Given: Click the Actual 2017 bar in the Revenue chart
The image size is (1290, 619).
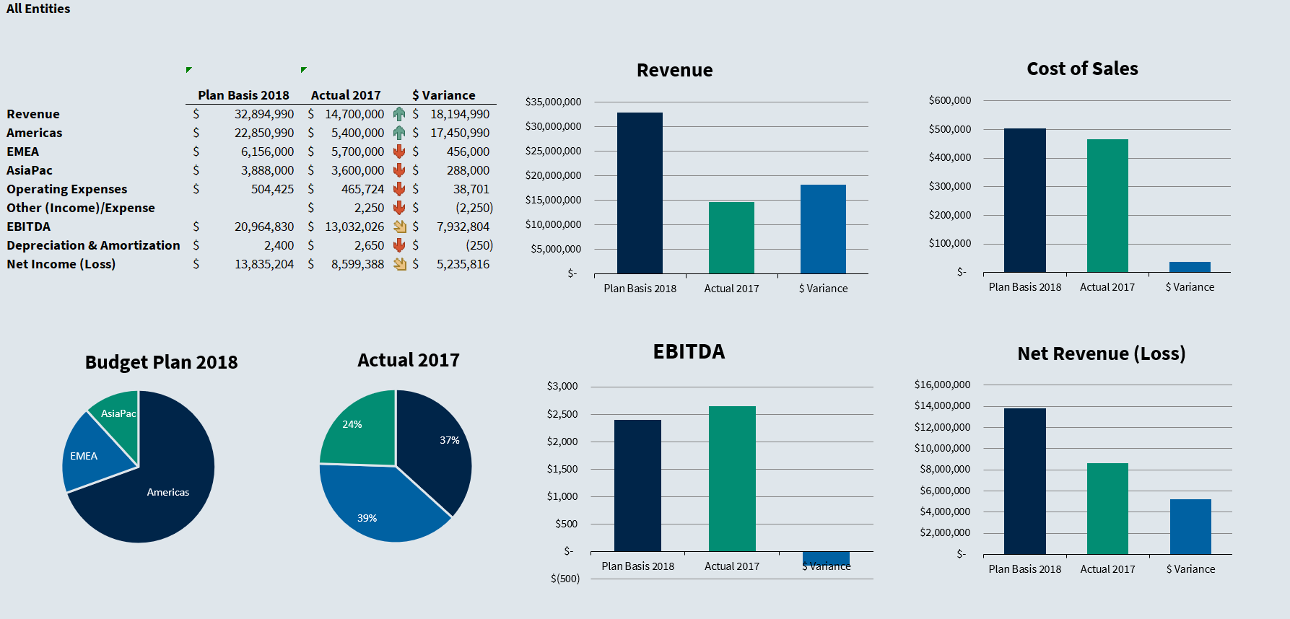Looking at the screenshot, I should point(731,238).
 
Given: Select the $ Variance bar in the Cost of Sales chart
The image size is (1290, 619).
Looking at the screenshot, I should point(1190,267).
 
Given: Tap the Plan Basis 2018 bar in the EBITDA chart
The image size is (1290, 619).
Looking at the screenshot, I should point(637,486).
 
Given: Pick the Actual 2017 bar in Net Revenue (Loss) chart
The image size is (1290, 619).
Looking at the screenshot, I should point(1107,509).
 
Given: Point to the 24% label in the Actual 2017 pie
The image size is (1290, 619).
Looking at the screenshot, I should point(352,424).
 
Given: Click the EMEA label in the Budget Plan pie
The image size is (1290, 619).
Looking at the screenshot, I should point(84,456).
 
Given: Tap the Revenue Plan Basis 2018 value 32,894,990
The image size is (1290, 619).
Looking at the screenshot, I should point(264,114).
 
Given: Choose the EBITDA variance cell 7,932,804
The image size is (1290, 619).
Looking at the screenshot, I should point(463,227).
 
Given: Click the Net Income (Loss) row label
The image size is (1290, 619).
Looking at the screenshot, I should point(61,264).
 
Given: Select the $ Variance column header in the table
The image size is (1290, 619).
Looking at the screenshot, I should point(444,95).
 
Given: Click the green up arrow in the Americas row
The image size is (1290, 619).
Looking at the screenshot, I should point(399,133).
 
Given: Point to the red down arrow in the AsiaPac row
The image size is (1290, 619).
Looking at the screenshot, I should point(399,170).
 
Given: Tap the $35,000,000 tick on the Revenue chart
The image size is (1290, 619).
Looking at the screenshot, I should point(553,102).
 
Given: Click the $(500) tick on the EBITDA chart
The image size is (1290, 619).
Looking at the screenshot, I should point(565,579).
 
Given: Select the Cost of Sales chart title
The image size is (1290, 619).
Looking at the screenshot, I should point(1082,69).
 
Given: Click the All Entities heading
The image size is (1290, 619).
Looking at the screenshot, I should point(38,9).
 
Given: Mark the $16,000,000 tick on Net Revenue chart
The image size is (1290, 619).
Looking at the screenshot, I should point(942,385).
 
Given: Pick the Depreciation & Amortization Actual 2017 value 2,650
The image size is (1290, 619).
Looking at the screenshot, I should point(369,245).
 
